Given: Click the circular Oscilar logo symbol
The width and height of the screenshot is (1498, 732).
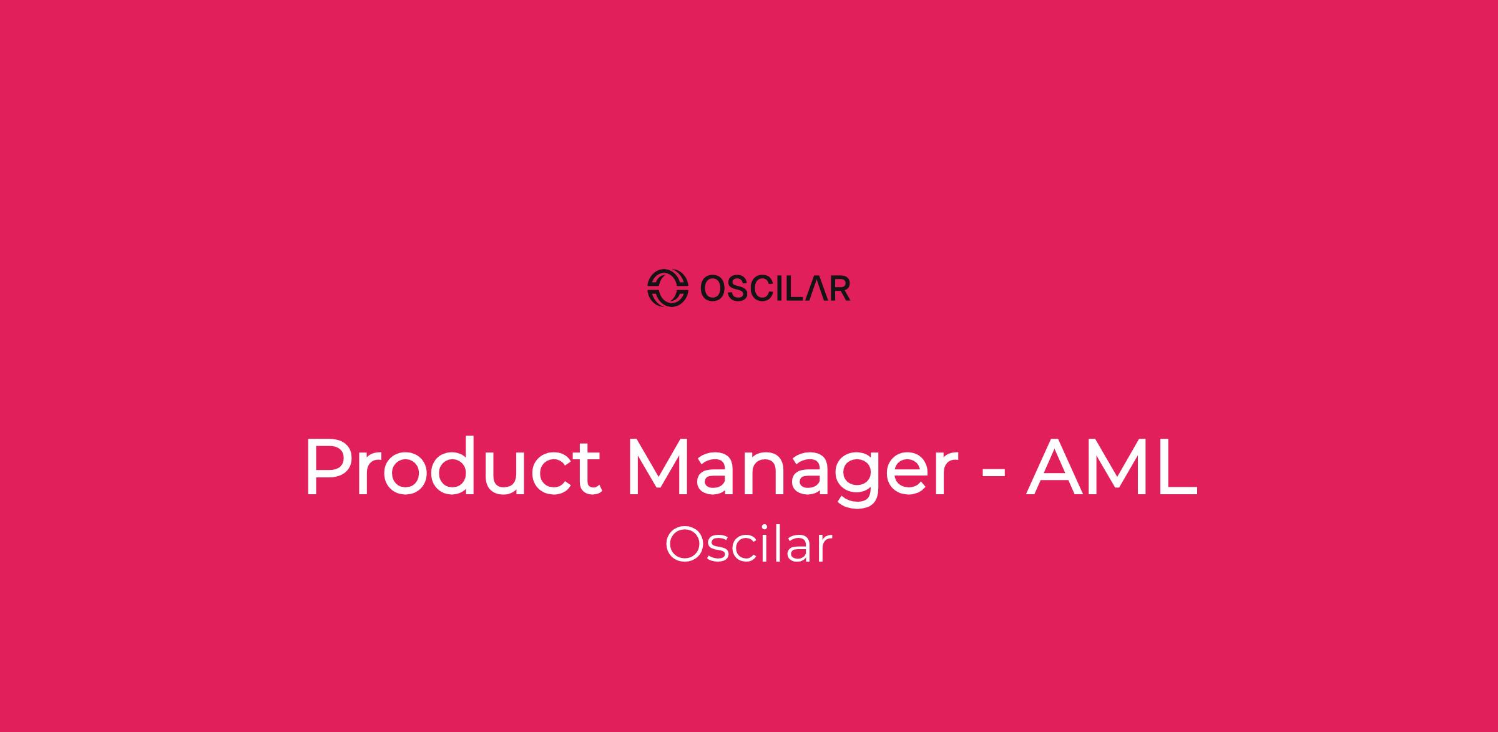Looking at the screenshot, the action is pyautogui.click(x=667, y=288).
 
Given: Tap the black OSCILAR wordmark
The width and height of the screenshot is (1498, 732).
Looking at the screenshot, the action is pyautogui.click(x=775, y=288).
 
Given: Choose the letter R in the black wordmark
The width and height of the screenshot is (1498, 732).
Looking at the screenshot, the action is pyautogui.click(x=841, y=288).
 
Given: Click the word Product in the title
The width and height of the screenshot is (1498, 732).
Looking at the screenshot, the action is pyautogui.click(x=453, y=467).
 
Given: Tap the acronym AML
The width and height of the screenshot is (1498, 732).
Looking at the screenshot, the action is pyautogui.click(x=1112, y=467).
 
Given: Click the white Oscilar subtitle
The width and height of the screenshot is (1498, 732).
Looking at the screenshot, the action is pyautogui.click(x=748, y=545).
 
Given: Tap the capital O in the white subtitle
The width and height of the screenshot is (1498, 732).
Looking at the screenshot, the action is pyautogui.click(x=685, y=545).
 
